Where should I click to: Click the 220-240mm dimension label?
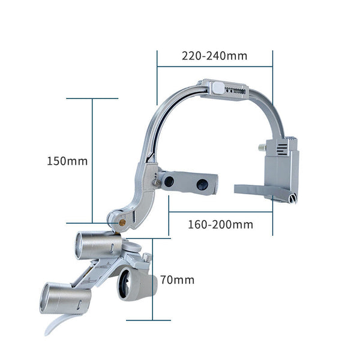click(214, 56)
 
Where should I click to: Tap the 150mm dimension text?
click(67, 161)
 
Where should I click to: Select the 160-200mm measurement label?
click(220, 224)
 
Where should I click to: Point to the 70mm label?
click(177, 280)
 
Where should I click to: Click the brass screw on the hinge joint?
click(123, 221)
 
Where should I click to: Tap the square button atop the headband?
click(214, 89)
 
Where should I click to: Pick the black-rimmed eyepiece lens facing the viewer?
click(127, 285)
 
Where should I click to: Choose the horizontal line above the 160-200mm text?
click(220, 211)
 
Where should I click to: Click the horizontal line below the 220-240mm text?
click(214, 68)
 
